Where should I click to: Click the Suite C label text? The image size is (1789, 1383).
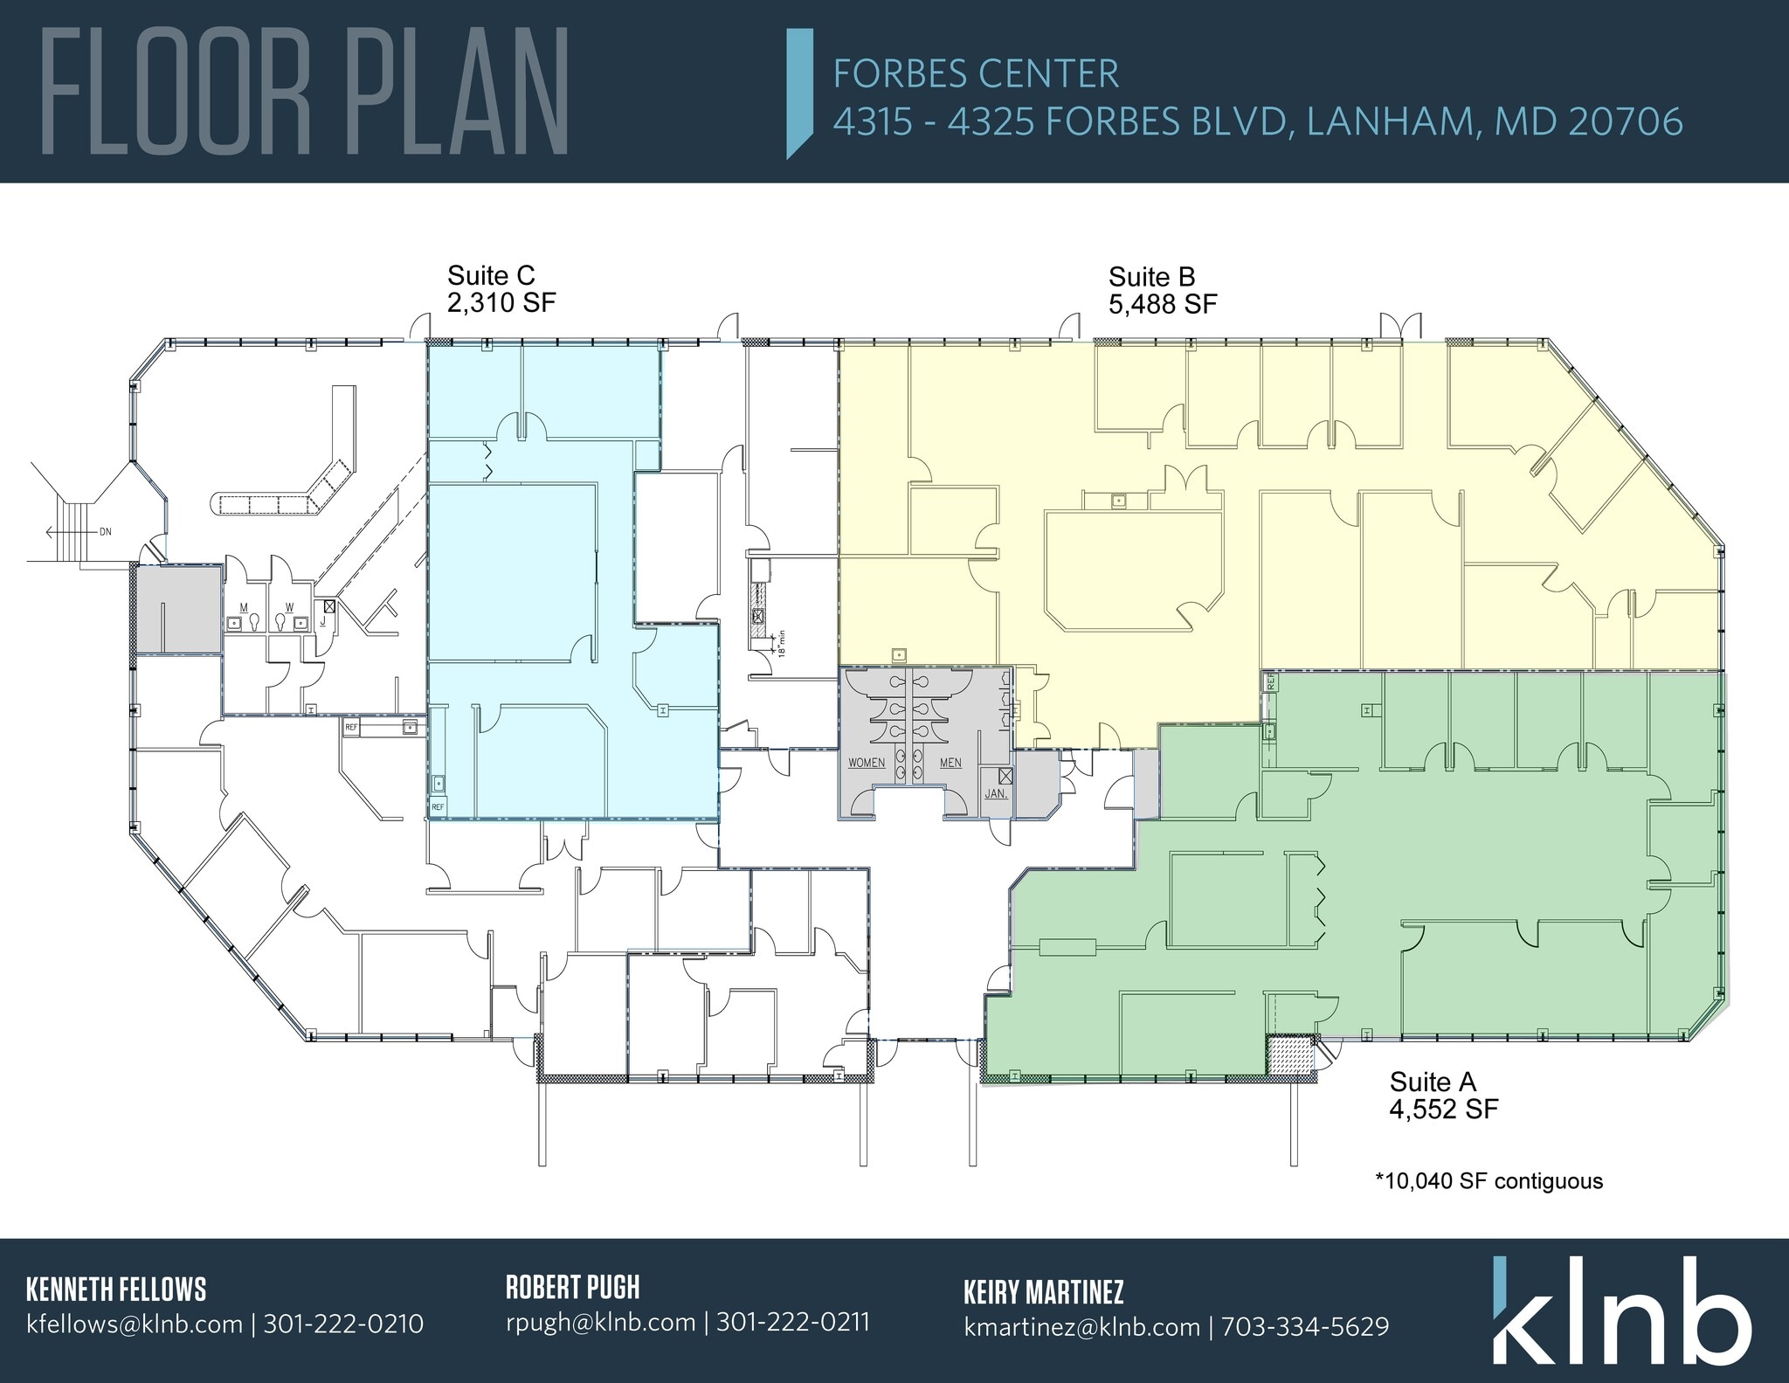pos(490,276)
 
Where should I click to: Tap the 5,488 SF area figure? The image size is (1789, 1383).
pos(1163,304)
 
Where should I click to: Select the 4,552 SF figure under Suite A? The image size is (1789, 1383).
pos(1444,1110)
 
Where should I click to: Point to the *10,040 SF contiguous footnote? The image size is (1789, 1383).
pos(1489,1181)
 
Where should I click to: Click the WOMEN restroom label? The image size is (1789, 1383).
pos(867,763)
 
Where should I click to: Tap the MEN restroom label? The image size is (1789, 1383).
pos(950,763)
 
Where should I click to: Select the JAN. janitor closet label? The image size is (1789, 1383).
pos(995,794)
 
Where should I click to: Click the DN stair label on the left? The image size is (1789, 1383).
pos(105,531)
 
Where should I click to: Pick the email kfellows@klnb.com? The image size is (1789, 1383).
pos(135,1324)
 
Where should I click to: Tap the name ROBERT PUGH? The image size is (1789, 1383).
pos(572,1287)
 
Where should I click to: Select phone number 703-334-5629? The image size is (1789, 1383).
pos(1305,1327)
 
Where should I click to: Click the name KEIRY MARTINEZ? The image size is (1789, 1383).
pos(1043,1291)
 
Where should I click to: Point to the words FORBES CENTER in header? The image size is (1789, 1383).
pos(976,74)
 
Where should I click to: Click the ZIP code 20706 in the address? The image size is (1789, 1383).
pos(1626,121)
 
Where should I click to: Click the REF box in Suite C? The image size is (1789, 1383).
pos(438,807)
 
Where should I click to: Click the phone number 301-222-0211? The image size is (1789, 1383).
pos(793,1322)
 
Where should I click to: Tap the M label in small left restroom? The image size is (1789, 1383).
pos(244,606)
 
